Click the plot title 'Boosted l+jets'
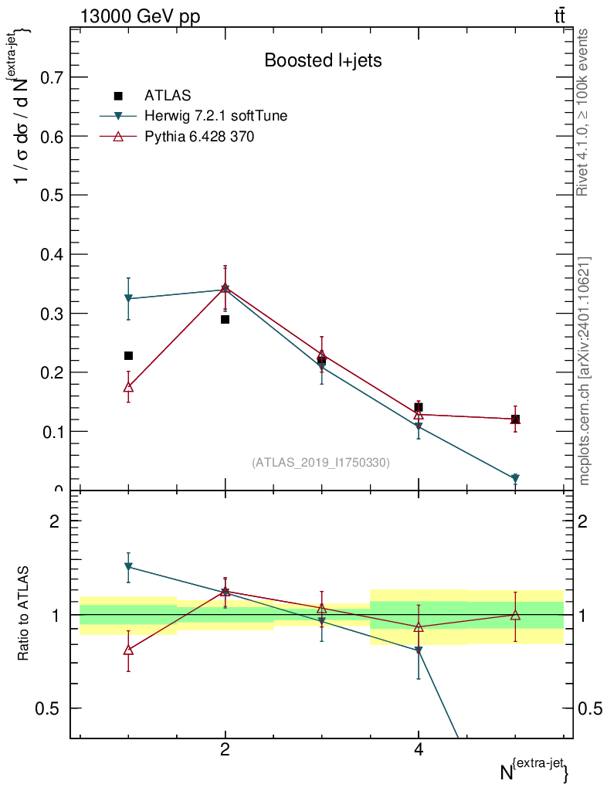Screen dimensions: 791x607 323,60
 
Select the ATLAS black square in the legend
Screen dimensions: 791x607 118,96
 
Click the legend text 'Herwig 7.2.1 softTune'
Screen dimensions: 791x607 216,116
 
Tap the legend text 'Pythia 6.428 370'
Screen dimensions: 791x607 200,137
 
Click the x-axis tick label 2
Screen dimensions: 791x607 225,749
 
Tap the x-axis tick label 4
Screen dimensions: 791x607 419,749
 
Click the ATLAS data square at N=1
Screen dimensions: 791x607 128,355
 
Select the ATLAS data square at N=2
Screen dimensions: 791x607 225,319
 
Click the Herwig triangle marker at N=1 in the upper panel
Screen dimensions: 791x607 128,298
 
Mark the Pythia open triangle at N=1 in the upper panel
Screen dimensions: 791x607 128,386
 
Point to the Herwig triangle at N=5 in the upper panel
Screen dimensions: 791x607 515,479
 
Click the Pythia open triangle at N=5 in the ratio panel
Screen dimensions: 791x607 515,615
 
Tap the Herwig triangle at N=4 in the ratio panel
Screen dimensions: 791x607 419,651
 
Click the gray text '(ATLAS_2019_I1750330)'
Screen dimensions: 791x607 320,463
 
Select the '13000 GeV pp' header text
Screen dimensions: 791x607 140,17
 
